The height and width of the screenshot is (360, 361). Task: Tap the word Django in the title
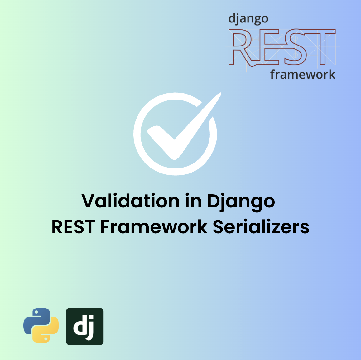(241, 202)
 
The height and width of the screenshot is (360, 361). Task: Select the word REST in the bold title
(73, 227)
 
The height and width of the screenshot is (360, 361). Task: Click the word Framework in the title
(154, 227)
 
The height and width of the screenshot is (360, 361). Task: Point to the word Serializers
(261, 227)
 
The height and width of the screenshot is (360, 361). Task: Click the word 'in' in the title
(194, 201)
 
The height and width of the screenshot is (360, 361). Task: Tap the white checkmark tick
(184, 128)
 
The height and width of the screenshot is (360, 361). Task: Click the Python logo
(41, 325)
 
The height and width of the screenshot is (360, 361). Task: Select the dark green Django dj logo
(84, 326)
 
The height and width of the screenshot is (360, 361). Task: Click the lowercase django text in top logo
(248, 19)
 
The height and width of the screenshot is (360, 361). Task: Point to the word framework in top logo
(302, 75)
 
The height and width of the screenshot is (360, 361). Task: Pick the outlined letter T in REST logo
(320, 47)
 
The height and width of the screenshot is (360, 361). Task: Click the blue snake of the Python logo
(35, 318)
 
